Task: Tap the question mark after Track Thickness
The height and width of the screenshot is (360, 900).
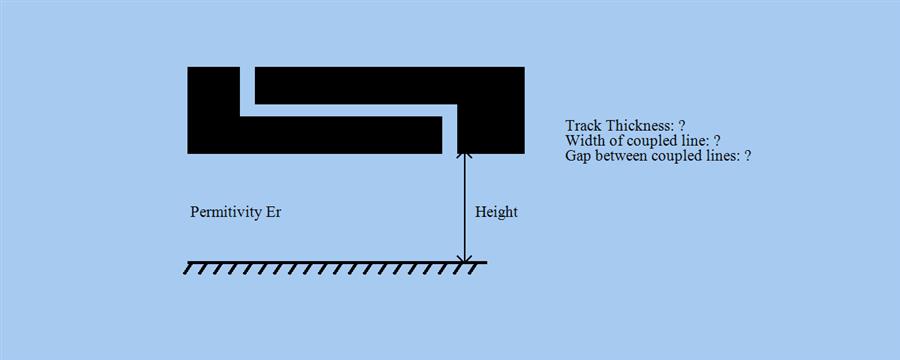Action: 681,126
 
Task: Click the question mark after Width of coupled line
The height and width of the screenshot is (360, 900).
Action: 718,141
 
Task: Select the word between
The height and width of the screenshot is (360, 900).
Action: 625,157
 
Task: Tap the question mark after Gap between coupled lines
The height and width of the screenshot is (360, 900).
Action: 747,157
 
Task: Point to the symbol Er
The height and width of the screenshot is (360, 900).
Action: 274,213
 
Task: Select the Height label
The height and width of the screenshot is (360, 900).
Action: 496,213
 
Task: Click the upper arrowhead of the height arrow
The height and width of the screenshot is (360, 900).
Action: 464,158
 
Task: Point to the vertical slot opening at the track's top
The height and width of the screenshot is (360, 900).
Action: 247,85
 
